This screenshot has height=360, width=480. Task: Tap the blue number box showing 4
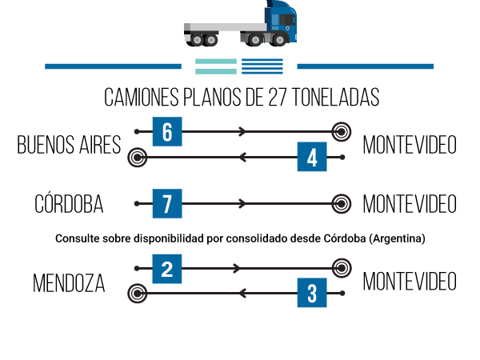click(312, 156)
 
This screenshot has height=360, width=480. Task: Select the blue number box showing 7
click(167, 203)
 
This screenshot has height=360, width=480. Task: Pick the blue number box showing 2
click(167, 268)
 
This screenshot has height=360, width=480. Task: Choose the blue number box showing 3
click(312, 294)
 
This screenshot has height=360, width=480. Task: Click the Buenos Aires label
click(69, 145)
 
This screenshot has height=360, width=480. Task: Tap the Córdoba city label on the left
click(69, 204)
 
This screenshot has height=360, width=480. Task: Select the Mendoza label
click(69, 282)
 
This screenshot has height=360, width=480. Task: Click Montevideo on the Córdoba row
click(410, 204)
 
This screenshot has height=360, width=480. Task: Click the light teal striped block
click(215, 66)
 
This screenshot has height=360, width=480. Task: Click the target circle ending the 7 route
click(342, 203)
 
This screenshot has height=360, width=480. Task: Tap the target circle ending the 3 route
click(138, 294)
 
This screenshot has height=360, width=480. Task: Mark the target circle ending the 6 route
click(342, 130)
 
